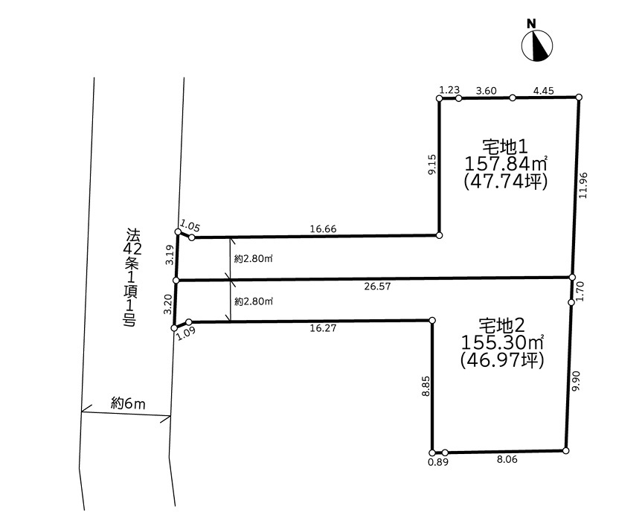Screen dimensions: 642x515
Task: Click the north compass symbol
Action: click(x=537, y=45)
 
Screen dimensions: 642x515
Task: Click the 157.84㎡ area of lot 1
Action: click(x=506, y=164)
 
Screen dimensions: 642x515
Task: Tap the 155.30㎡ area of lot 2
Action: click(x=503, y=342)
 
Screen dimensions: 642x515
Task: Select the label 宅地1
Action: click(x=505, y=147)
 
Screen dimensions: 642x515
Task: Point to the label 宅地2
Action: click(x=502, y=326)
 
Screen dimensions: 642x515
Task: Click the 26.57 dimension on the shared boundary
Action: click(x=377, y=287)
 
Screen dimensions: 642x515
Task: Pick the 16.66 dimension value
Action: click(x=323, y=229)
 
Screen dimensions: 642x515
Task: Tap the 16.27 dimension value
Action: click(x=323, y=328)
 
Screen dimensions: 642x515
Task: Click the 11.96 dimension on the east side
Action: click(x=583, y=185)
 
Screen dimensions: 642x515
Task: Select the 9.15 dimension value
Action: click(x=432, y=164)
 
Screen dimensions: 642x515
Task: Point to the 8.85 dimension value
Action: click(x=426, y=386)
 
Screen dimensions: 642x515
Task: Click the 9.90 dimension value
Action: click(x=576, y=381)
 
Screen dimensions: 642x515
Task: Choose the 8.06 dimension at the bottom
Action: click(x=507, y=460)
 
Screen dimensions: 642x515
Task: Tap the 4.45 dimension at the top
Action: click(x=543, y=91)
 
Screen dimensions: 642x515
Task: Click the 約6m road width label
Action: click(x=128, y=404)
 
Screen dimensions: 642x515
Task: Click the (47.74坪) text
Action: click(x=505, y=182)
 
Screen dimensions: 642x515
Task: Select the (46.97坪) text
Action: click(x=502, y=360)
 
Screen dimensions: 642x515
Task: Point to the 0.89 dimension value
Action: click(x=438, y=462)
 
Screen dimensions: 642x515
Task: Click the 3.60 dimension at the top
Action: click(x=487, y=91)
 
